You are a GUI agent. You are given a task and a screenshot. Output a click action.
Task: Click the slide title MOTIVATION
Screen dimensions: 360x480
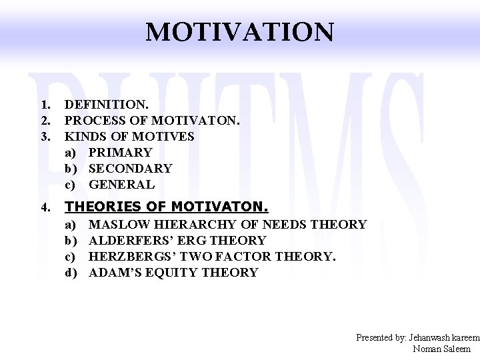point(239,31)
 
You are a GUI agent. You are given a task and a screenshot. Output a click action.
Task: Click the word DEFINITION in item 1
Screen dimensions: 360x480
point(105,105)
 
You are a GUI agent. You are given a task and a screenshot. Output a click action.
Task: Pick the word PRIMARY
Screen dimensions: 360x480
point(120,153)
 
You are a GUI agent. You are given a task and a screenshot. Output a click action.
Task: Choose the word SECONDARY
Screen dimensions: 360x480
point(130,169)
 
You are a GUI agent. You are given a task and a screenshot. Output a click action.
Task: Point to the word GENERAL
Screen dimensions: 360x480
point(121,185)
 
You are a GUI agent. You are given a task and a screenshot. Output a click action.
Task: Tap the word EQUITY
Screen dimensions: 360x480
point(170,273)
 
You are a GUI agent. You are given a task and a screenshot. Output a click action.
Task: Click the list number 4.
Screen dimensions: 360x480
point(45,208)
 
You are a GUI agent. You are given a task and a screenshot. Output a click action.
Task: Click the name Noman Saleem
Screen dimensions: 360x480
point(441,349)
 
